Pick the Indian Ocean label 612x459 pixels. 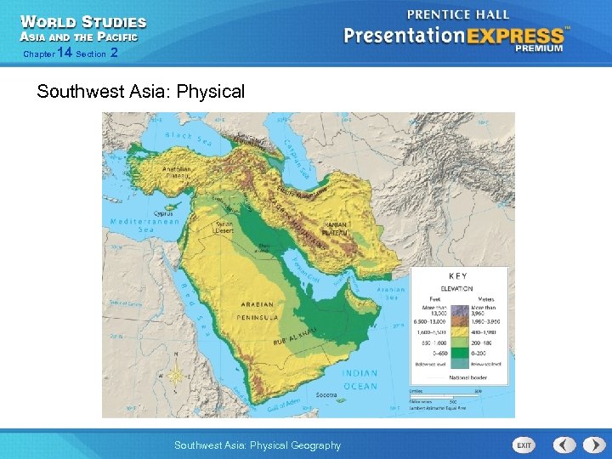click(360, 380)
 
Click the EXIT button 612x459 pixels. click(524, 445)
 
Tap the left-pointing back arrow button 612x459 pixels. click(565, 445)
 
